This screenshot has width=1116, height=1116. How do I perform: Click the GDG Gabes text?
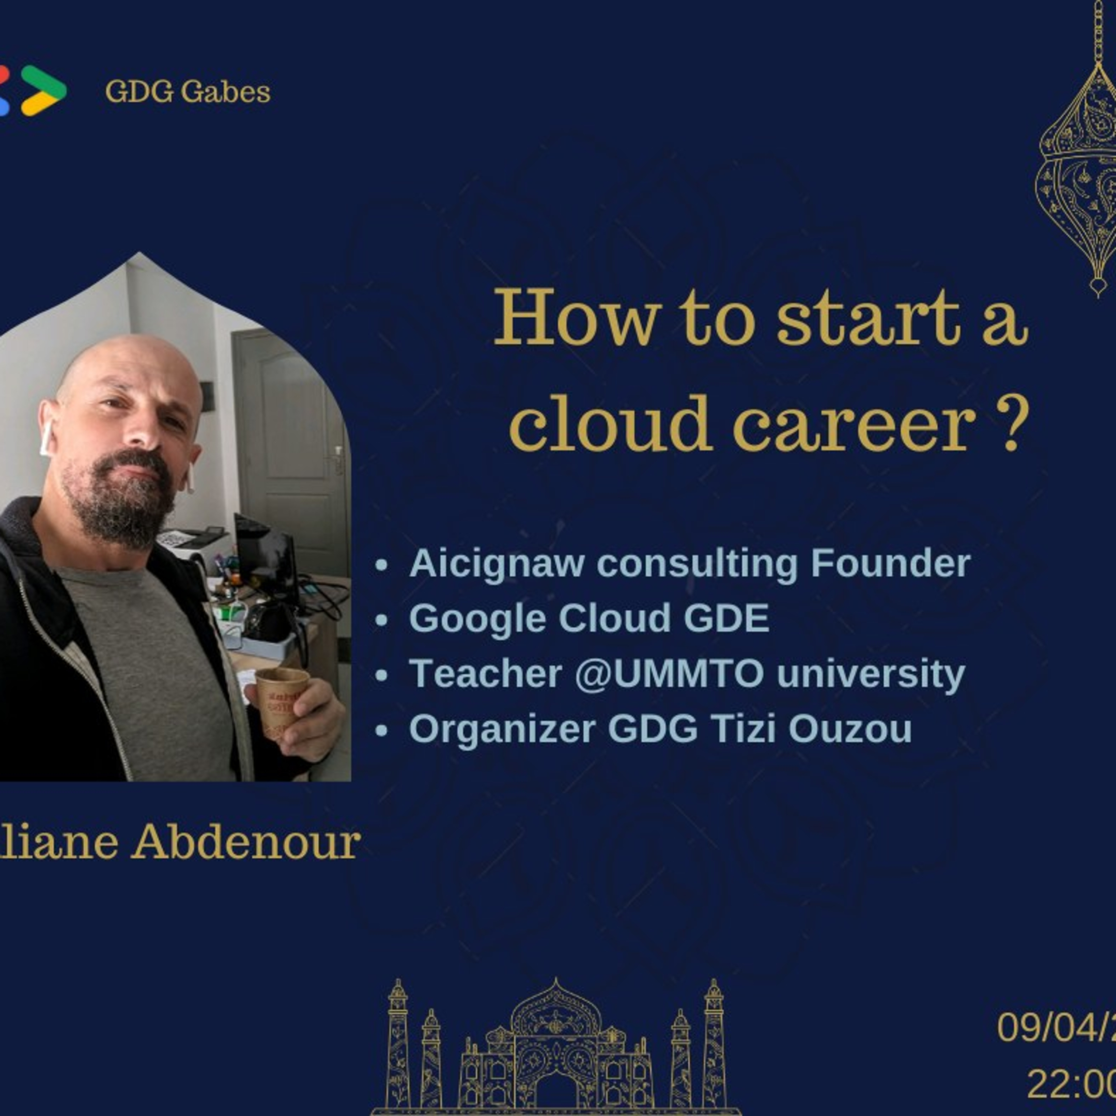[x=187, y=92]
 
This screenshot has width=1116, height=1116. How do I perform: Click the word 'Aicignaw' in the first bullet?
[x=496, y=563]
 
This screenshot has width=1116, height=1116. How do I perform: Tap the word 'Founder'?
[x=890, y=563]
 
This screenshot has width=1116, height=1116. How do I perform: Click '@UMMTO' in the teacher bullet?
[x=669, y=674]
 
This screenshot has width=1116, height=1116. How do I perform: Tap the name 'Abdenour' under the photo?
[x=245, y=843]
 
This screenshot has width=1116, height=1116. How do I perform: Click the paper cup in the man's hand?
[x=281, y=703]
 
